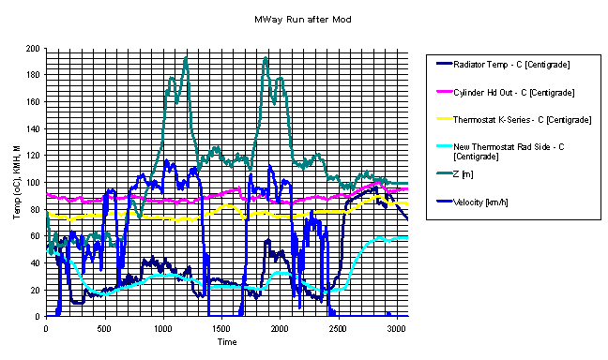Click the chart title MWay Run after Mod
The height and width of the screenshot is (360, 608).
pyautogui.click(x=303, y=20)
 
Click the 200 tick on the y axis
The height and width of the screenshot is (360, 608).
pyautogui.click(x=33, y=49)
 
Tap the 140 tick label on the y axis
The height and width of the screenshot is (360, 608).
pyautogui.click(x=33, y=129)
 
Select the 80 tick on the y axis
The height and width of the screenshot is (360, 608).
pyautogui.click(x=35, y=210)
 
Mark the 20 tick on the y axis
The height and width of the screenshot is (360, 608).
pyautogui.click(x=35, y=291)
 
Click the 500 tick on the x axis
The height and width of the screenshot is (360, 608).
pyautogui.click(x=104, y=329)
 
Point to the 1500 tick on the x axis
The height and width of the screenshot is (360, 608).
pyautogui.click(x=221, y=329)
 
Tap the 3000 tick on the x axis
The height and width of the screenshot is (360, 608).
pyautogui.click(x=397, y=329)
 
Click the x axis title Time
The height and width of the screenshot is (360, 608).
pyautogui.click(x=227, y=342)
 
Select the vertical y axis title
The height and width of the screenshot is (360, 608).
pyautogui.click(x=17, y=183)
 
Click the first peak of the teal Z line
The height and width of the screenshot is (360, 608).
pyautogui.click(x=186, y=58)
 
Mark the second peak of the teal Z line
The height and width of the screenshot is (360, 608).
pyautogui.click(x=266, y=58)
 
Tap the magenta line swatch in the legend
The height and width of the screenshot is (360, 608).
pyautogui.click(x=445, y=92)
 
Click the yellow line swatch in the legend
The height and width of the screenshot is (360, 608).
pyautogui.click(x=445, y=118)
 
